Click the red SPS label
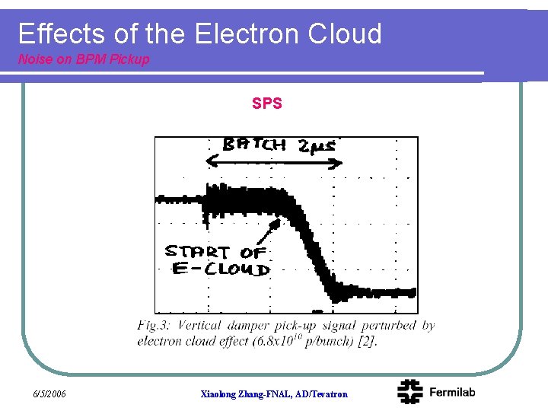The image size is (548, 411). click(267, 104)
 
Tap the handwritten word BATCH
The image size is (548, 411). click(254, 145)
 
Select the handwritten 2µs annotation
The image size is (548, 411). click(317, 146)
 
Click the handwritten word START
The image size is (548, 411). click(196, 251)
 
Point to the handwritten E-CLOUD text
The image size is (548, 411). click(220, 269)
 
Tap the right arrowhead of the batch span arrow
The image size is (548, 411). click(341, 161)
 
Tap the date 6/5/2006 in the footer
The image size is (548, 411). click(50, 393)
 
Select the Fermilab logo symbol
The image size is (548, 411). click(409, 391)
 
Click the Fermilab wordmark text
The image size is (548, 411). click(452, 392)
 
